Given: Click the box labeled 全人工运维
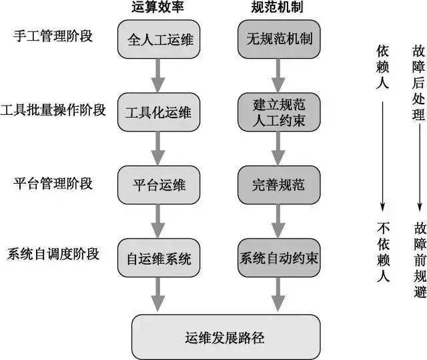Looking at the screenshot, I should (x=159, y=40).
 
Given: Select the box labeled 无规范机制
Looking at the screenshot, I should (x=278, y=40).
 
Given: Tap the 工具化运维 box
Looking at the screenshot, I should (x=159, y=112).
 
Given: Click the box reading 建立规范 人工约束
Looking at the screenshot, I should (x=278, y=112).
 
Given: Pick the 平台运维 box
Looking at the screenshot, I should (x=159, y=185).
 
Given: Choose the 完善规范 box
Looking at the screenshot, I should (x=278, y=185).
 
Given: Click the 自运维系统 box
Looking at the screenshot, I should (x=159, y=258).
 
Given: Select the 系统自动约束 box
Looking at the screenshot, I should (x=278, y=258).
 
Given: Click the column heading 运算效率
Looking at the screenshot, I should (x=158, y=8).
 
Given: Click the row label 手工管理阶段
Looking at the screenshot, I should (x=53, y=36).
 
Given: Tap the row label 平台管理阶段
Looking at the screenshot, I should (x=53, y=182).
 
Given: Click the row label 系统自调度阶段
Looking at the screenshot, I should (x=53, y=254).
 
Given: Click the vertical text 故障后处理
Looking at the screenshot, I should (x=418, y=80).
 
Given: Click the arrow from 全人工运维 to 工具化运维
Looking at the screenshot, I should (x=159, y=76).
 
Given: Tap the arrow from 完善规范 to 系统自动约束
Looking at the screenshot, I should (x=278, y=221).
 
